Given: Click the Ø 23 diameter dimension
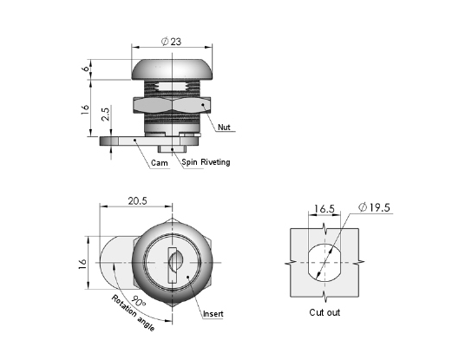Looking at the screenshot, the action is (x=171, y=42).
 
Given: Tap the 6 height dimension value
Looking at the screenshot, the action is (x=86, y=69).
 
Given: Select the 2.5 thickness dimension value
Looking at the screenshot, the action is (x=105, y=115).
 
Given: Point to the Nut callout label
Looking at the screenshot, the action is (x=224, y=127).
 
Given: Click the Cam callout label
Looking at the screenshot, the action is (x=160, y=163).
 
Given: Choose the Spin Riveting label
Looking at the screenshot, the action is (x=206, y=162).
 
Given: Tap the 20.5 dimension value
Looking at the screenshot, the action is (x=138, y=200).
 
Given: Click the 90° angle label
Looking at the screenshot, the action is (x=138, y=301).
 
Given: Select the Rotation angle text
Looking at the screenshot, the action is (x=133, y=313).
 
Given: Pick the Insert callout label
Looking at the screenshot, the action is (x=213, y=314).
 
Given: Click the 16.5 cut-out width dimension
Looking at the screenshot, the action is (x=324, y=208).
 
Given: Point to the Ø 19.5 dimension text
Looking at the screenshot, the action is (x=374, y=207).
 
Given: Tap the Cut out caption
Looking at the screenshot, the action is (x=324, y=312).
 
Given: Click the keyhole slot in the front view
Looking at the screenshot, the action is (x=172, y=265).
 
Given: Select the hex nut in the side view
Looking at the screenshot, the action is (x=172, y=105).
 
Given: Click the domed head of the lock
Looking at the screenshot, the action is (x=172, y=69).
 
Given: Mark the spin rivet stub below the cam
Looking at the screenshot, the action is (x=172, y=148).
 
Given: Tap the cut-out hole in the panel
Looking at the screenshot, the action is (x=324, y=263).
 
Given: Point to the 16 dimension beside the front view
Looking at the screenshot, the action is (x=83, y=264).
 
